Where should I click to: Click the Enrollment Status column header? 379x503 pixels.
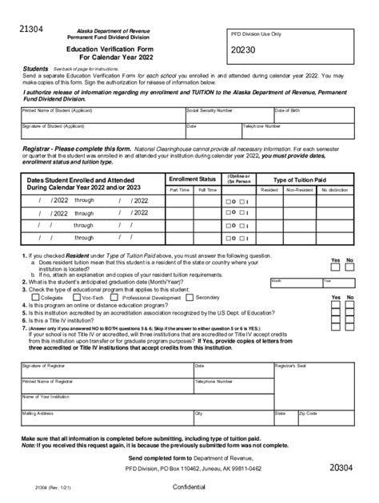[x=193, y=180]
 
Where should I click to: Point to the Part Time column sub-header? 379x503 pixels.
[x=179, y=191]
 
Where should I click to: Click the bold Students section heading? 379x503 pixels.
[x=36, y=69]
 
